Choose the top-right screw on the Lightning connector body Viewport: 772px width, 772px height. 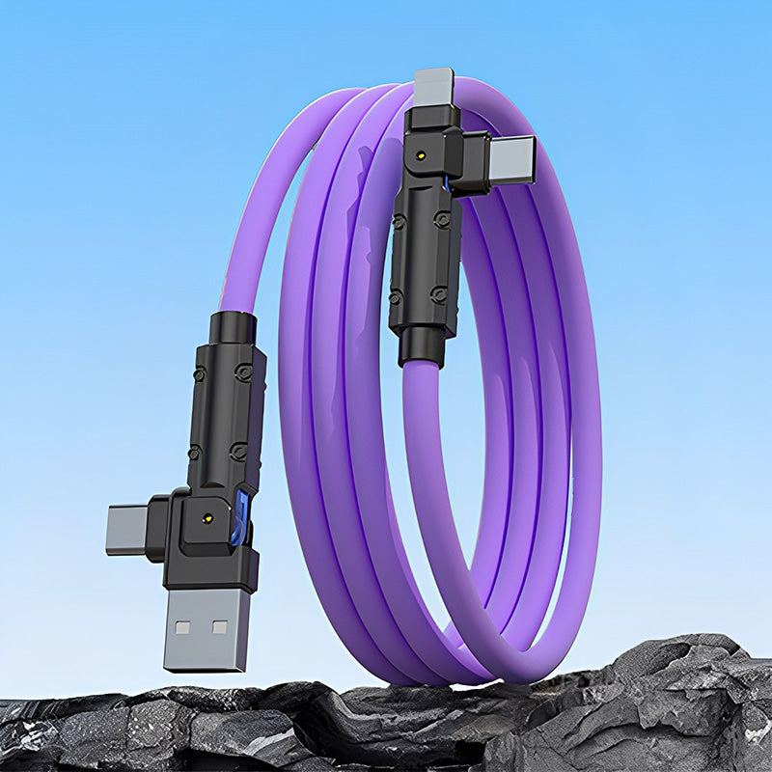[x=442, y=219]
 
